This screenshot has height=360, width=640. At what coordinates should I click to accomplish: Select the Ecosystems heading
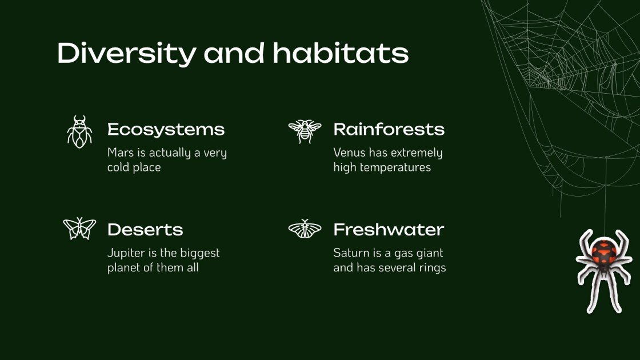[166, 130]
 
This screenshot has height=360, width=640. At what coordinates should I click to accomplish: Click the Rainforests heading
[389, 130]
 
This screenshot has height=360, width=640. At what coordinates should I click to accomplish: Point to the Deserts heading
[145, 230]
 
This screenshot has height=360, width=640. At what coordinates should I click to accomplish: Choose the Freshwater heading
[389, 230]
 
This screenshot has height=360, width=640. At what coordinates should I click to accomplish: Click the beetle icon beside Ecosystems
[79, 132]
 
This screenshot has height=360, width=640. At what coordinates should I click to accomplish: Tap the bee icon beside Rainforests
[305, 131]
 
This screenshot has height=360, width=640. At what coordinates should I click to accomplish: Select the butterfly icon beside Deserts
[79, 229]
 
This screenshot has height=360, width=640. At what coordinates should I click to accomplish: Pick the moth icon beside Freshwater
[305, 229]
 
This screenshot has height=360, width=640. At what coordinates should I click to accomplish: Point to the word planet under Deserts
[124, 267]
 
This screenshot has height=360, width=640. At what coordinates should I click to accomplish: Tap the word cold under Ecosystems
[119, 168]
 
